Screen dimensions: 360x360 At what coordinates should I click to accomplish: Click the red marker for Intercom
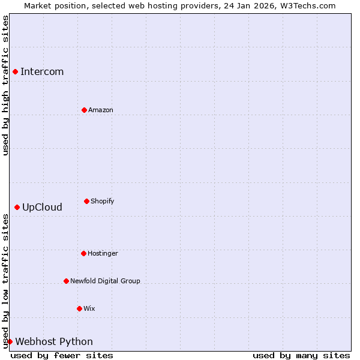(15, 72)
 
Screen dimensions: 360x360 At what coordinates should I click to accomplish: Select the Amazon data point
(84, 110)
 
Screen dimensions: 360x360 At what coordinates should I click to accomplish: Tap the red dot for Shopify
(86, 201)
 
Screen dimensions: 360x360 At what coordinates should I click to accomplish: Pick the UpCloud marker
(17, 207)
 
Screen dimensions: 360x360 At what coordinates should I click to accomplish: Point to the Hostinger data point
(83, 253)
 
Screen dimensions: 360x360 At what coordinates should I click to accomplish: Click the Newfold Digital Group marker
(66, 281)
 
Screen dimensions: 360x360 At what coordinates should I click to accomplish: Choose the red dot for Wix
(79, 308)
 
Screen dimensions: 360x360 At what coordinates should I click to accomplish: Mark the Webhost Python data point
(10, 341)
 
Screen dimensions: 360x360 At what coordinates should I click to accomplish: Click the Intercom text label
(42, 72)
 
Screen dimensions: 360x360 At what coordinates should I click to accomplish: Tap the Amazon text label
(101, 110)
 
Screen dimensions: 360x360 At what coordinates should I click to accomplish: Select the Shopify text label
(103, 201)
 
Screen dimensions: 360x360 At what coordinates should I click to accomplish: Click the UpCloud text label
(42, 208)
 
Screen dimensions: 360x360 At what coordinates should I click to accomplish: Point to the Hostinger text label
(103, 253)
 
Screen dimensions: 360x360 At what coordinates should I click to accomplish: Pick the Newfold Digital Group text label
(105, 281)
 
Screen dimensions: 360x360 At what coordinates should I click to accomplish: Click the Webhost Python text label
(54, 342)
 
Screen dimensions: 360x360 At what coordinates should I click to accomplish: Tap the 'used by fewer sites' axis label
(62, 355)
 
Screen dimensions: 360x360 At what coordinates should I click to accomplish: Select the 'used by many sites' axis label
(301, 355)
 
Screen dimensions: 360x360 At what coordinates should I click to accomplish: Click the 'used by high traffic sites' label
(5, 86)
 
